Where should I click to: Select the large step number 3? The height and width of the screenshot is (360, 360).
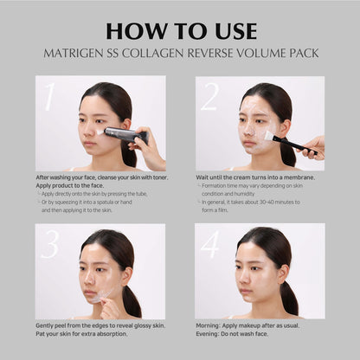pyautogui.click(x=49, y=245)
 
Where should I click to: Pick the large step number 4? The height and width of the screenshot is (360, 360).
pyautogui.click(x=209, y=245)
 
